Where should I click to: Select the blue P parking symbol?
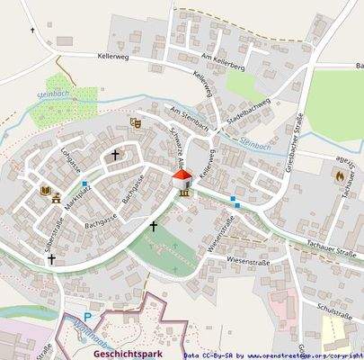pos(87,317)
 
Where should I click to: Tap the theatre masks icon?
pos(136,123)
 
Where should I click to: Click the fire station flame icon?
pos(338,176)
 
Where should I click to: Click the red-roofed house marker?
pos(182,175)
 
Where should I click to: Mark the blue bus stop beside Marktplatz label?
pos(84,184)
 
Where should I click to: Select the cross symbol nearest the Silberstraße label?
pos(51,259)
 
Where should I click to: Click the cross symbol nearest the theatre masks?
pos(115,155)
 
